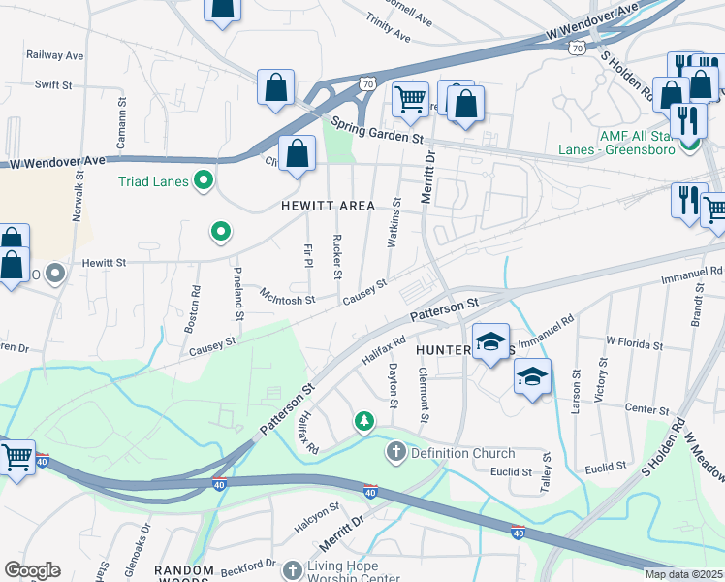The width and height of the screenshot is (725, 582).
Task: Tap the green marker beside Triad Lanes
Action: coord(204,179)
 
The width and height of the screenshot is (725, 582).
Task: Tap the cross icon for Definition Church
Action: coord(395,452)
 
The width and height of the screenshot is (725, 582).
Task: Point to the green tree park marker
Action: coord(363,422)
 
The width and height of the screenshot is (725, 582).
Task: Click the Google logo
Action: coord(32,570)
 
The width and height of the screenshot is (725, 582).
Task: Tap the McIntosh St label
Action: coord(287,297)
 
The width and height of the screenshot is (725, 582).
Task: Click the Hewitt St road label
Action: coord(104,263)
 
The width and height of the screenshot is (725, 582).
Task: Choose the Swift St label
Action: coord(53,85)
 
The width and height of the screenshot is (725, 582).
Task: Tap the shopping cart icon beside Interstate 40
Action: coord(17,456)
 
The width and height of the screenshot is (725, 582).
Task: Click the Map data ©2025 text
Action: coord(684,574)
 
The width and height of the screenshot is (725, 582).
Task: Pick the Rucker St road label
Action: coord(337,257)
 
